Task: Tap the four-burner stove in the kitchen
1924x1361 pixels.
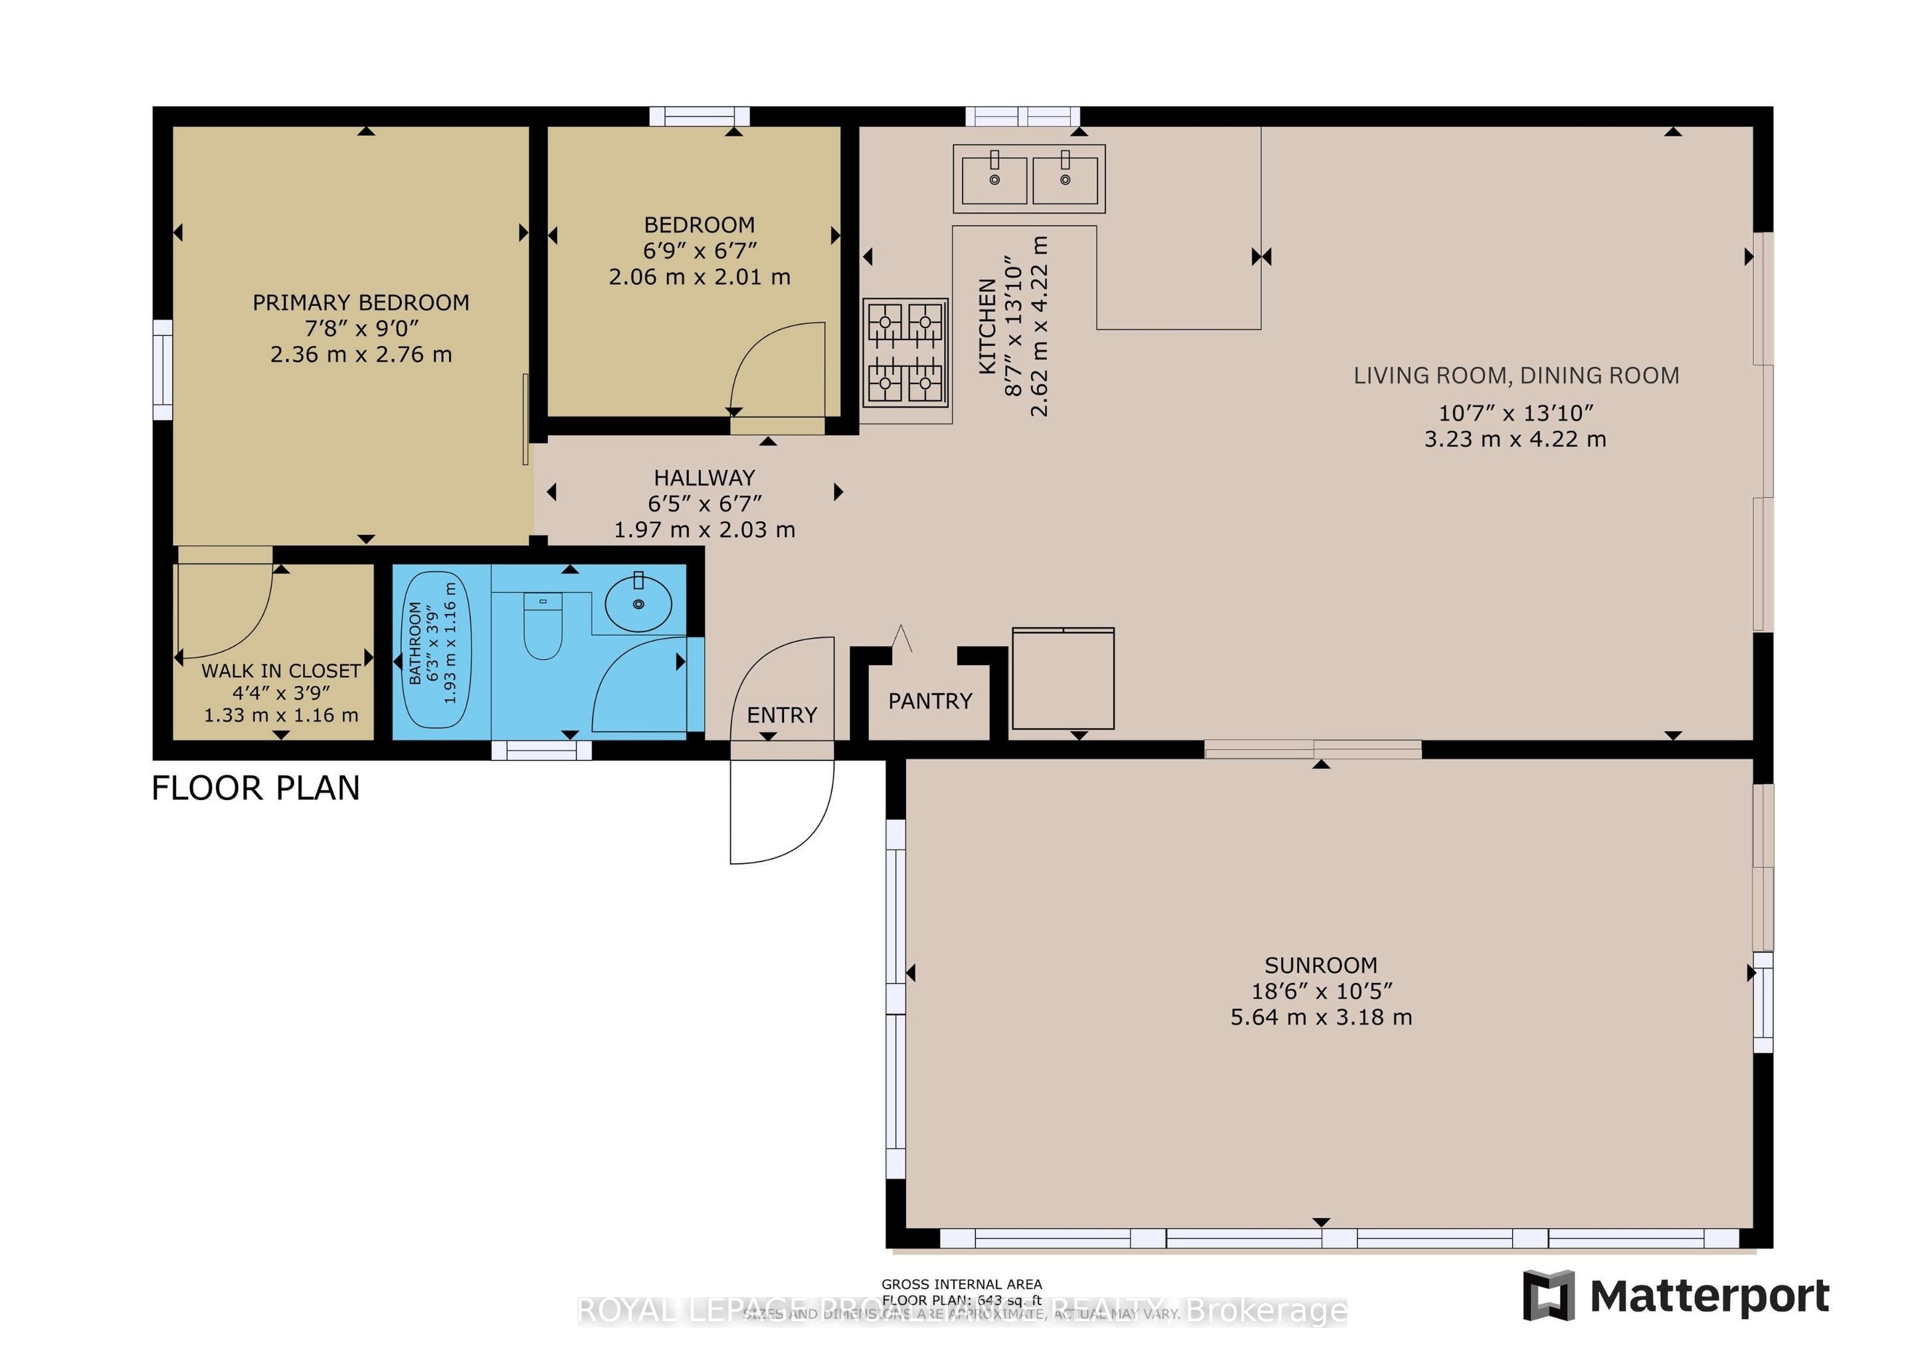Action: pos(905,352)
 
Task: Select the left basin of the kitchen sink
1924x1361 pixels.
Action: pos(994,180)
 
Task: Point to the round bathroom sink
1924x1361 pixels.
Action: pos(638,603)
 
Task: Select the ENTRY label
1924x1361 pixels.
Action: pos(782,715)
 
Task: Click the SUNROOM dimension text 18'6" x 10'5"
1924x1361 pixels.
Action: pos(1321,992)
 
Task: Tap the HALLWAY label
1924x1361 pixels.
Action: pos(704,478)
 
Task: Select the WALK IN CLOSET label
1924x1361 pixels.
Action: pos(281,671)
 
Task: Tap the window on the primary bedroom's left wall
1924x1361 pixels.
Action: pos(163,369)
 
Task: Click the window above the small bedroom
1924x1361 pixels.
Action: pos(700,116)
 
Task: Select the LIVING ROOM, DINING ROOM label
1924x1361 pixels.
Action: pos(1516,375)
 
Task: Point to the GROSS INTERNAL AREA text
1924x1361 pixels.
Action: pos(961,1284)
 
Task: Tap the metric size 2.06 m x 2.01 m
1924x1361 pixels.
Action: pos(699,276)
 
